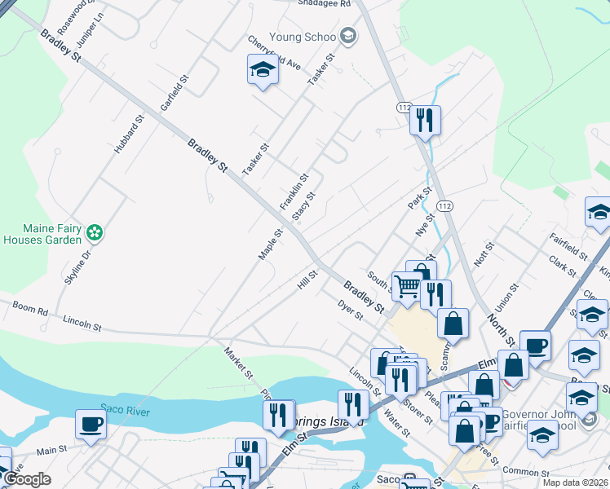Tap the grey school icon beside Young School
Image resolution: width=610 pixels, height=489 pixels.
click(x=348, y=35)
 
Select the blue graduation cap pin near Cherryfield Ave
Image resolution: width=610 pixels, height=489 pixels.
click(x=263, y=70)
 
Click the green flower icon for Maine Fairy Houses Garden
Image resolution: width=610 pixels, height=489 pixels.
click(x=95, y=232)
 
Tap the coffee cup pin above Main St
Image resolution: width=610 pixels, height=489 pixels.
click(x=91, y=424)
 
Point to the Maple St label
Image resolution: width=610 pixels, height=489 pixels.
click(x=270, y=244)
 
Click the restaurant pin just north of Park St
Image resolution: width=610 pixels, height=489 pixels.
click(x=425, y=121)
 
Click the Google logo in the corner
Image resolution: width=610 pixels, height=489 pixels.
click(x=26, y=479)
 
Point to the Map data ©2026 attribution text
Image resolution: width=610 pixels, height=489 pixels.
click(x=574, y=482)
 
